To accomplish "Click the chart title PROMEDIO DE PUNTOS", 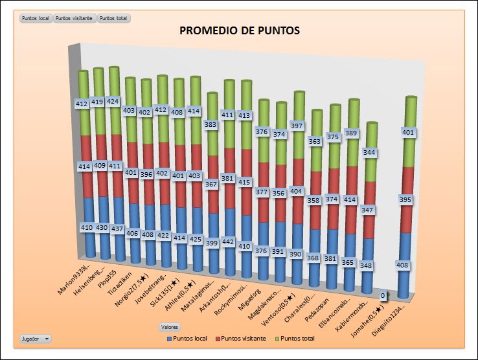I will pyautogui.click(x=239, y=30).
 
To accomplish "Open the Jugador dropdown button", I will pyautogui.click(x=35, y=339).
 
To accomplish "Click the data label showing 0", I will pyautogui.click(x=383, y=295).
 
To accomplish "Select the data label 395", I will pyautogui.click(x=405, y=200).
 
